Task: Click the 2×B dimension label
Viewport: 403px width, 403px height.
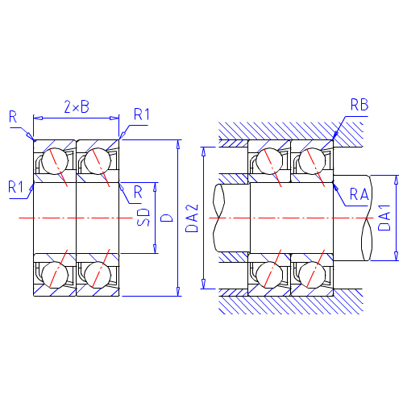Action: coord(77,106)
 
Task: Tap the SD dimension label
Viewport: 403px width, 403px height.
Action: coord(143,217)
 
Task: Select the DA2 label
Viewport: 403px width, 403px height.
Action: coord(192,218)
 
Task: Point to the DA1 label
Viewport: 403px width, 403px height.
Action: coord(384,218)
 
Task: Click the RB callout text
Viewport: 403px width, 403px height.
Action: coord(359,105)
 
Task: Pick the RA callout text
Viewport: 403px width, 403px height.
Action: coord(359,194)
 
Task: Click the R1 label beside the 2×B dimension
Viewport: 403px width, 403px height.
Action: coord(142,114)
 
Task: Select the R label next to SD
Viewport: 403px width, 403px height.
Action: coord(138,192)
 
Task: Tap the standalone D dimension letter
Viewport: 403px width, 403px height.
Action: coord(167,218)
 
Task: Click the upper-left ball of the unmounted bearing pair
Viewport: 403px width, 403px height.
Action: coord(55,161)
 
